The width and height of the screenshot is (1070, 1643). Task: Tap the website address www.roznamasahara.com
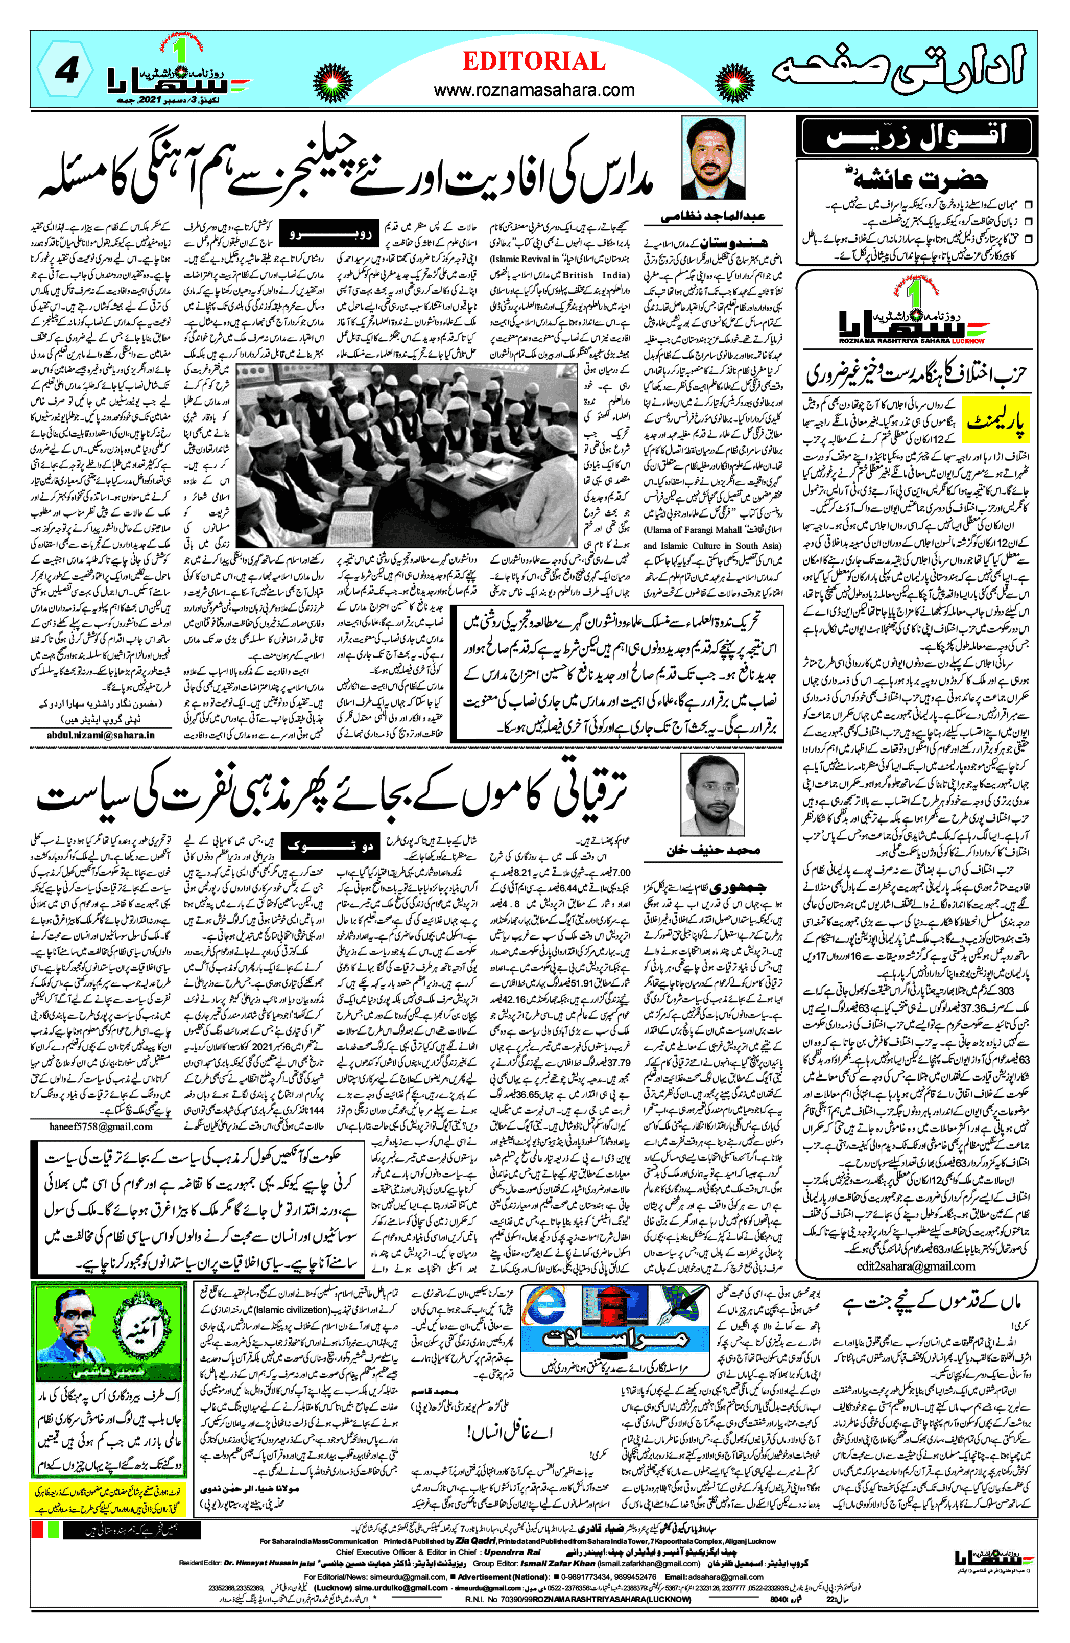(x=534, y=90)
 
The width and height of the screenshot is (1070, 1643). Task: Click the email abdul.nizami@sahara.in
(x=101, y=735)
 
